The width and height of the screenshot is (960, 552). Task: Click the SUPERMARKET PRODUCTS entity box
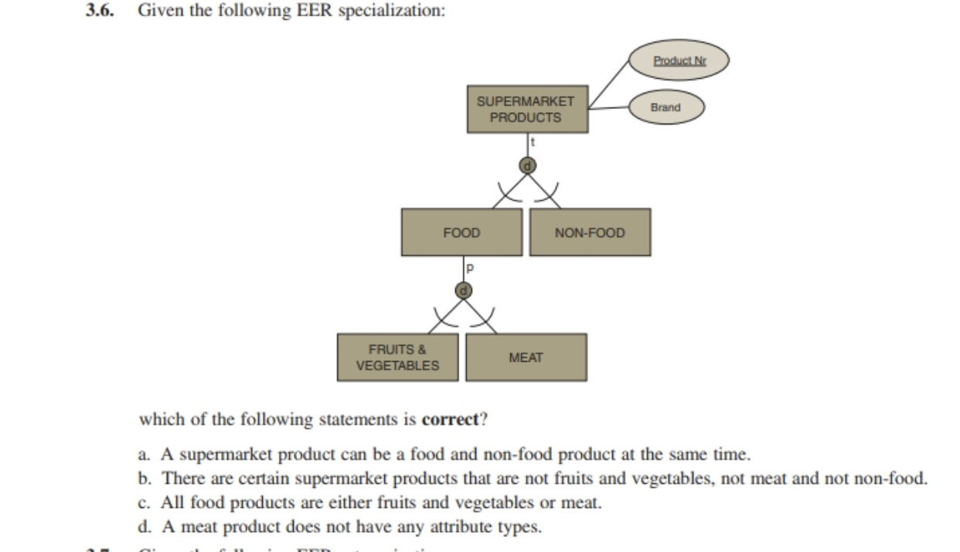pos(526,110)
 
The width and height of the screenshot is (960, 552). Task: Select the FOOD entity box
pos(461,232)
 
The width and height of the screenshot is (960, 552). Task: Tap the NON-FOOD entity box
pos(590,232)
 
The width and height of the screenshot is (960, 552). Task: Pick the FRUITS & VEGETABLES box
pos(397,357)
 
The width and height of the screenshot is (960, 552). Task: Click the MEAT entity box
pos(526,357)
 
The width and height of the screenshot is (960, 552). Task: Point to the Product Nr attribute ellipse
pos(678,60)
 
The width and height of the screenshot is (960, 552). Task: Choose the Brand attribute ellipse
pos(666,107)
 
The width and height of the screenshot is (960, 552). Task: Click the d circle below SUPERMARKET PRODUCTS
pos(527,164)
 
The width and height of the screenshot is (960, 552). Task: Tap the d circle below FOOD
pos(464,290)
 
